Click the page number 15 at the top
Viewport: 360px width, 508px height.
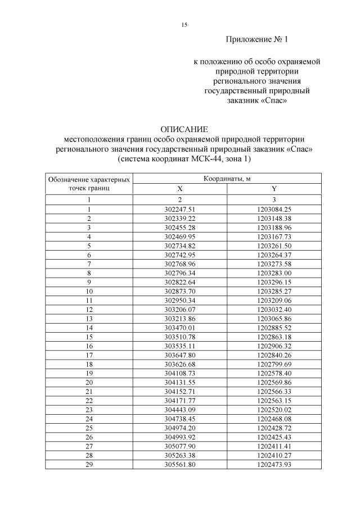(184, 25)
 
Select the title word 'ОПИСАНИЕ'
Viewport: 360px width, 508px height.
(184, 129)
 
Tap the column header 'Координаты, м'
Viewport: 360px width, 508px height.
(227, 179)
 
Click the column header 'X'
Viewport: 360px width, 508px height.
(180, 189)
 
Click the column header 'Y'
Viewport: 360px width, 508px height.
(274, 189)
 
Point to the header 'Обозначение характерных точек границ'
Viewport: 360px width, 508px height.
(89, 184)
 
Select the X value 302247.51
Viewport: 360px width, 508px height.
(180, 209)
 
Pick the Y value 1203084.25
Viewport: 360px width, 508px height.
(274, 209)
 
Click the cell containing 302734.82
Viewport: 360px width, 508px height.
(180, 246)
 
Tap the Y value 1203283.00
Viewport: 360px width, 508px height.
(274, 273)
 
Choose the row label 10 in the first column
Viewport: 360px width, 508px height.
(89, 291)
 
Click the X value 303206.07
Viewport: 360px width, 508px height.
(180, 309)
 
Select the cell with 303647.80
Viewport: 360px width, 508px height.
(180, 355)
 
